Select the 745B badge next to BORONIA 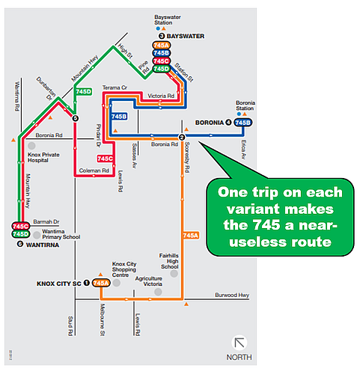242,123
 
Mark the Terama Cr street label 115,88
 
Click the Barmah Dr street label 46,221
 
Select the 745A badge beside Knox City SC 101,283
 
